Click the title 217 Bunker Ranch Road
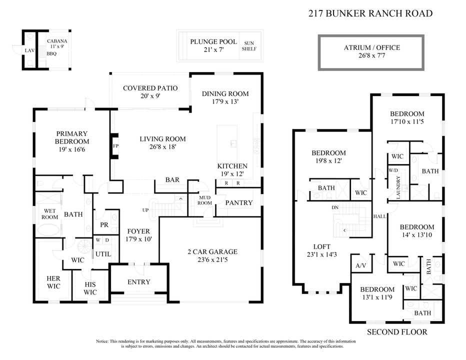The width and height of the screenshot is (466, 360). point(370,13)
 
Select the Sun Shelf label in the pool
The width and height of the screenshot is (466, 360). point(248,46)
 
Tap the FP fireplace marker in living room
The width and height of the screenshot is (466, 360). point(115,146)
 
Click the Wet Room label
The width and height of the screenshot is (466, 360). point(49,214)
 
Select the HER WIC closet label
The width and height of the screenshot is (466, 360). point(53,282)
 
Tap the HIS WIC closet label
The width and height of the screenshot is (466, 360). point(90,288)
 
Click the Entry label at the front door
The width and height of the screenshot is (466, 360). point(138,282)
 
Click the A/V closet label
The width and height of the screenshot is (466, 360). point(360,265)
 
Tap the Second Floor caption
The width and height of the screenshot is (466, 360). point(397,332)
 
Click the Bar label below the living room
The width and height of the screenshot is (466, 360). point(172,180)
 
